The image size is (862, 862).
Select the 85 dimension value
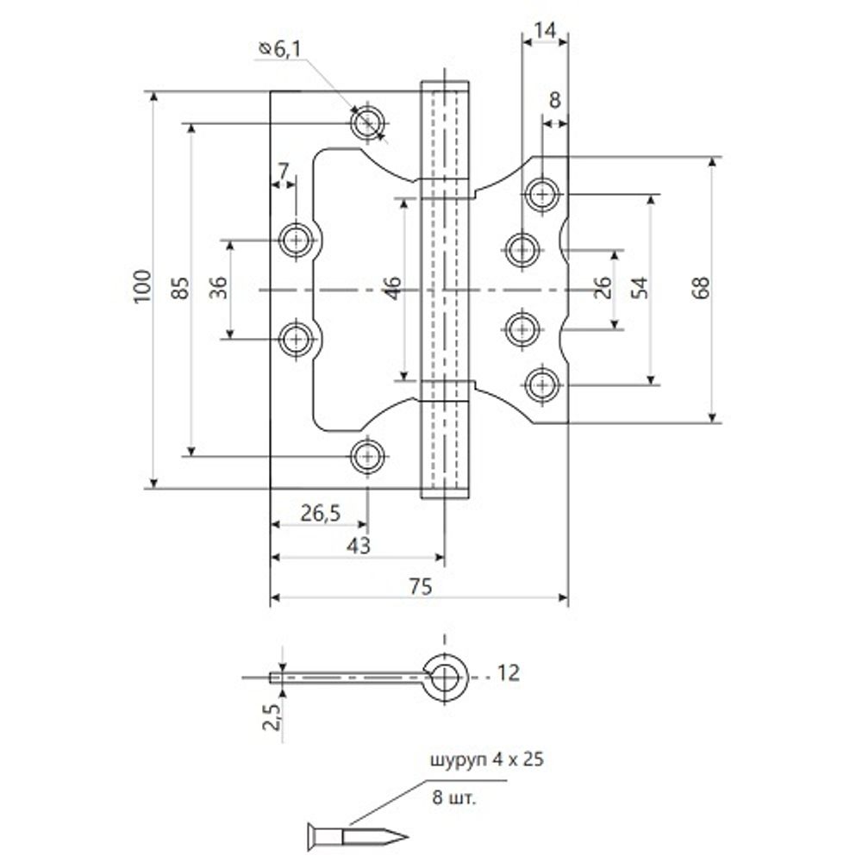[x=180, y=287]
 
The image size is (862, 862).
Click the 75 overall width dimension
[x=419, y=586]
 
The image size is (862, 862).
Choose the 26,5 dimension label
[x=320, y=513]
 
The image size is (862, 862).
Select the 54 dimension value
[x=639, y=287]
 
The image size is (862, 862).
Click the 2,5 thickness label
[x=268, y=716]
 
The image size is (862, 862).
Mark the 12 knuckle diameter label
[x=509, y=673]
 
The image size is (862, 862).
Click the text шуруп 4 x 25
[x=487, y=761]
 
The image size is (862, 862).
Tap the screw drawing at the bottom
[x=353, y=834]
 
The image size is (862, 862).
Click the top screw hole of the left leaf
[x=368, y=122]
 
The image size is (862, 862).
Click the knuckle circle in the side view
[x=445, y=675]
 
